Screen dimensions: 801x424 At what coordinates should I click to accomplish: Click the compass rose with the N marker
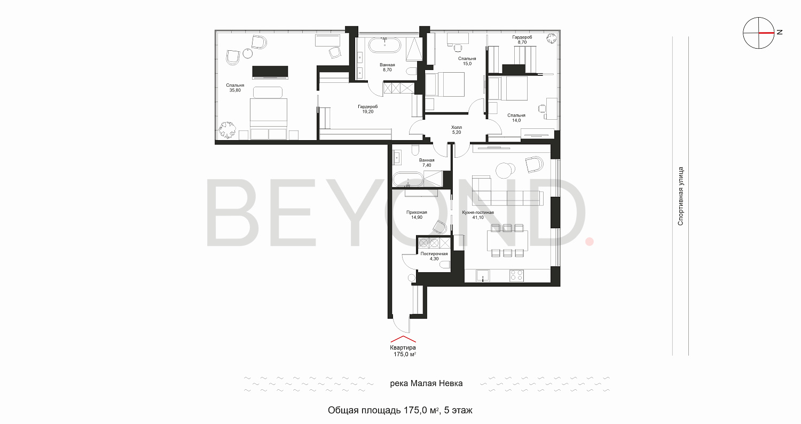758,33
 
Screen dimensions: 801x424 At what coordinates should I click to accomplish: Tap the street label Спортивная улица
680,196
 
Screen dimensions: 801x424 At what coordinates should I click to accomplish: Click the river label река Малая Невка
426,383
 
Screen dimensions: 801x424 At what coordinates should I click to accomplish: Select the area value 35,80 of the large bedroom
235,90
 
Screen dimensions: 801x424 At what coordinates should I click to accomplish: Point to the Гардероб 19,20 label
367,109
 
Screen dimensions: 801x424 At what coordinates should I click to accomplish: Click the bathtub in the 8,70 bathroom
385,45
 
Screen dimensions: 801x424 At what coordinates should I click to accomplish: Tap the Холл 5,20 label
456,129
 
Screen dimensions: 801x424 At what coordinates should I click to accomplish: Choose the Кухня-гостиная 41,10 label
478,215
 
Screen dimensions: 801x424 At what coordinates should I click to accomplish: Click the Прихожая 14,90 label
417,215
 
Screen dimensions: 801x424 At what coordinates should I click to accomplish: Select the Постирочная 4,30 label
434,256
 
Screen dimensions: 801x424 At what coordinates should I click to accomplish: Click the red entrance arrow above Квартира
403,339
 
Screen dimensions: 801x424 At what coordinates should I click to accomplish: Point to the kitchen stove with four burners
516,275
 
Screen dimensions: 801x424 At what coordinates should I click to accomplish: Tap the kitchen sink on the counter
483,275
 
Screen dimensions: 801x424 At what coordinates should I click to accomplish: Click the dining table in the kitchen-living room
507,240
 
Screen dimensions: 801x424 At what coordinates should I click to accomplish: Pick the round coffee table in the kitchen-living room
505,170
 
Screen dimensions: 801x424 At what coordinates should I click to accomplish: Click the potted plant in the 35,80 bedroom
227,129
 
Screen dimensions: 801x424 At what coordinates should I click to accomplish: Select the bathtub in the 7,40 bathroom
407,180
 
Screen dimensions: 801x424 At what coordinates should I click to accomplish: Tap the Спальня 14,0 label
516,118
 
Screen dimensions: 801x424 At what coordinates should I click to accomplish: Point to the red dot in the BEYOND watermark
590,242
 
